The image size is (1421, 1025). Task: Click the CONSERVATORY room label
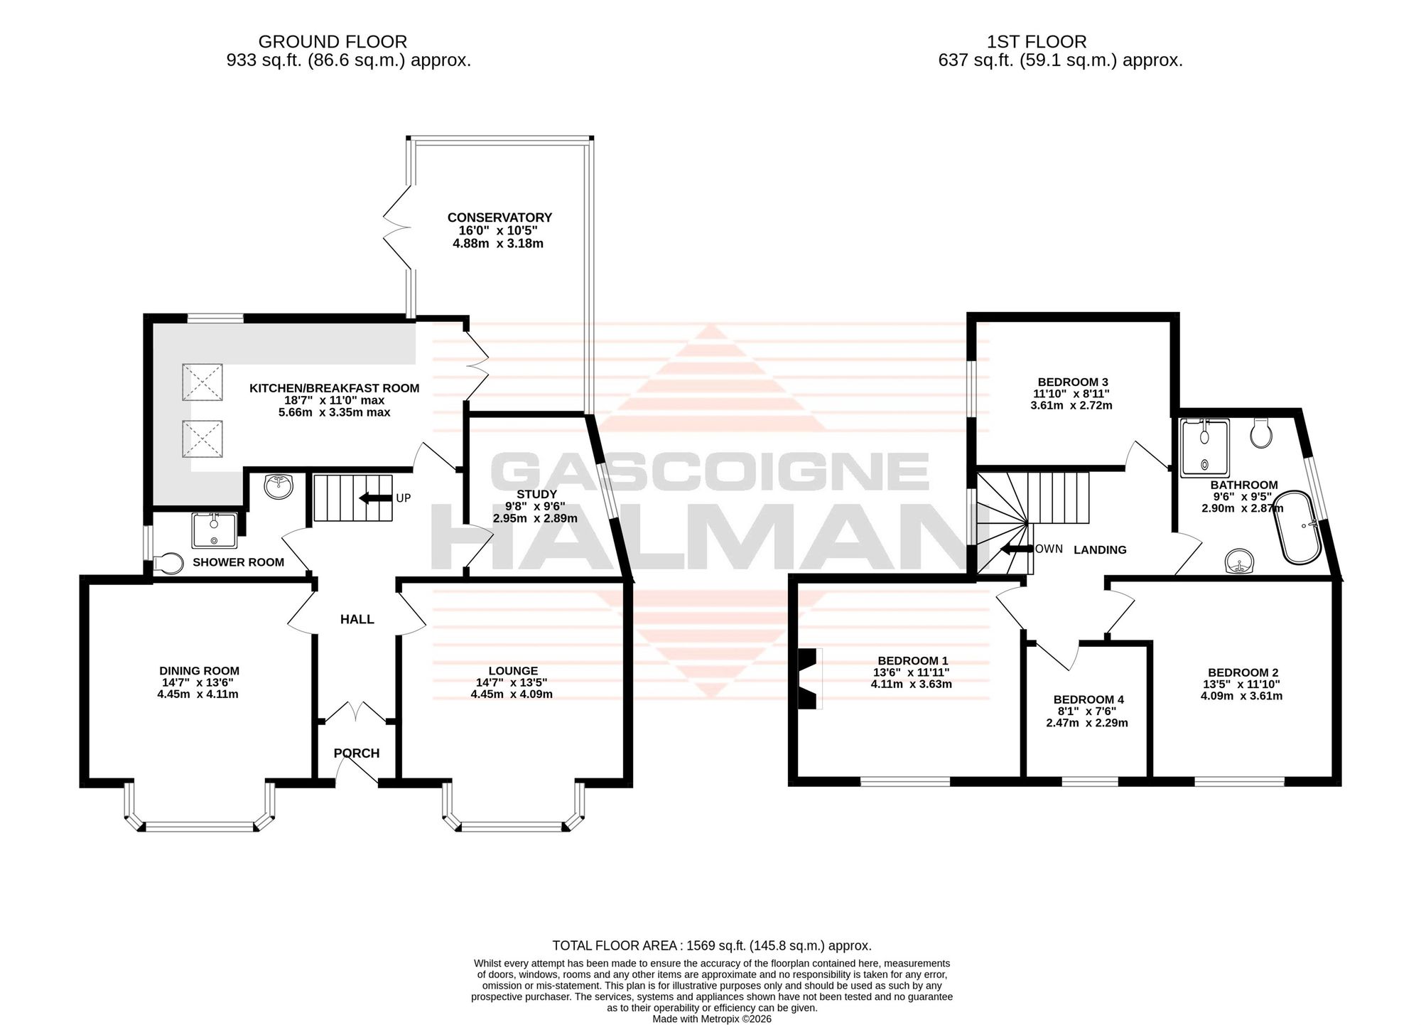point(499,218)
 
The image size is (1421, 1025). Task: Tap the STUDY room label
point(536,494)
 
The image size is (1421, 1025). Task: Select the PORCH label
point(357,753)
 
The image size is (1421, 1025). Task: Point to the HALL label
point(357,620)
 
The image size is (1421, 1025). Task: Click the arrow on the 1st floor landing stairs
point(1016,549)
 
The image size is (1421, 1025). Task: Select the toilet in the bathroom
point(1261,432)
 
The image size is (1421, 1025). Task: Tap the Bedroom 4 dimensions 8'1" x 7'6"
point(1086,712)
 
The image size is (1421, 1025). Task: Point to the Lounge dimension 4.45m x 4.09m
point(512,694)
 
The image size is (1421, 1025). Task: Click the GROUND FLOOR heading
point(333,42)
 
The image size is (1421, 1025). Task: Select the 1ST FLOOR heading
point(1037,42)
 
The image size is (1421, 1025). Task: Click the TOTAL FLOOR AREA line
point(712,945)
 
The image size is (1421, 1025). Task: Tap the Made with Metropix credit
point(712,1019)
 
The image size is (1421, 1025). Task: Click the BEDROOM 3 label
point(1073,382)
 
